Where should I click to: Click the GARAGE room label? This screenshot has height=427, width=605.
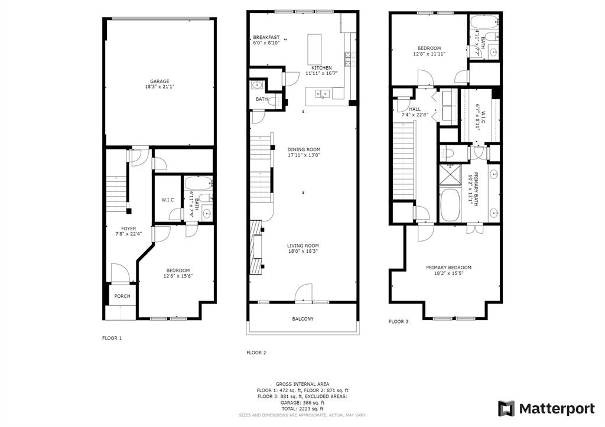[160, 81]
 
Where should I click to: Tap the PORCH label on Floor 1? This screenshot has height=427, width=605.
[122, 296]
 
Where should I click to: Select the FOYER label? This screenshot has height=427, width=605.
[128, 229]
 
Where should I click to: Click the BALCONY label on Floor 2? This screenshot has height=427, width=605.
[302, 319]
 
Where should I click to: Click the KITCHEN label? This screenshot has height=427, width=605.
[318, 68]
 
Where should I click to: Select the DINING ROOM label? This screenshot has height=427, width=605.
[304, 149]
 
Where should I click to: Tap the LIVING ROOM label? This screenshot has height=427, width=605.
[303, 246]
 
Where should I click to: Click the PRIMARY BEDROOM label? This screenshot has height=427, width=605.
[448, 267]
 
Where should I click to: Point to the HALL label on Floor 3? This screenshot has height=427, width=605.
[415, 109]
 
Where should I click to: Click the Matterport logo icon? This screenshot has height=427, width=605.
[506, 408]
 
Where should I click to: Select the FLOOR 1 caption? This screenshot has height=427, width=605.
[112, 338]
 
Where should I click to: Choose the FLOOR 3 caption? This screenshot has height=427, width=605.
[398, 321]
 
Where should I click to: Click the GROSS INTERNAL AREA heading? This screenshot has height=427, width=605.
[302, 384]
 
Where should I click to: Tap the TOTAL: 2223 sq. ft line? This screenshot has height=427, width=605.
[302, 409]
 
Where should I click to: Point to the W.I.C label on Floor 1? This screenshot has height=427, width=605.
[167, 200]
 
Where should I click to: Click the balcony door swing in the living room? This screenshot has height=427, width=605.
[304, 293]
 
